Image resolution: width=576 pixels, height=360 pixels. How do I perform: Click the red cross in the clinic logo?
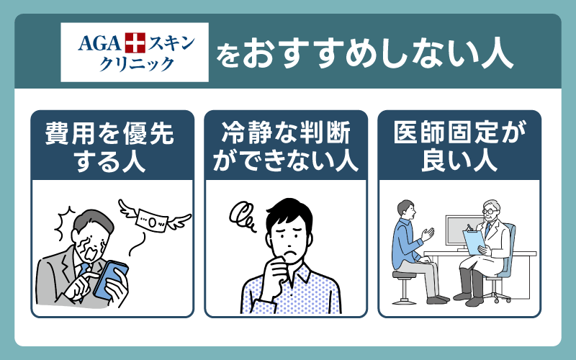pos(135,42)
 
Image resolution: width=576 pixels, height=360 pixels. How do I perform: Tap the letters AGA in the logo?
pos(99,43)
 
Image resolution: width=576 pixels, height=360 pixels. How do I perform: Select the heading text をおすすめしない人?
pos(364,55)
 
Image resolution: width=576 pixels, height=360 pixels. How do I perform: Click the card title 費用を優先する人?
pos(109,148)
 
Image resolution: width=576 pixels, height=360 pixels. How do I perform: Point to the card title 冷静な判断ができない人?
pos(285,148)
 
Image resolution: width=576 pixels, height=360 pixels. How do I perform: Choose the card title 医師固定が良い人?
pos(459,148)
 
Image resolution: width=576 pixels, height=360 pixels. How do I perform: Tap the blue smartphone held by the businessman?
pos(110,280)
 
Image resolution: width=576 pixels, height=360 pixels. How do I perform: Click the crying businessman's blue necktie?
pos(83,272)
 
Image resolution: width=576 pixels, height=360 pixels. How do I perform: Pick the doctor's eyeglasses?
pos(489,212)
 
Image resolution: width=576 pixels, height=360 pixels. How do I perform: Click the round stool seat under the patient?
pos(404,274)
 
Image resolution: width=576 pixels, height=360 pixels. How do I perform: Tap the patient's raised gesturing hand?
pos(428,233)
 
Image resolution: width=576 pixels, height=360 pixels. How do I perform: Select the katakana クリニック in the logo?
pos(136,65)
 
